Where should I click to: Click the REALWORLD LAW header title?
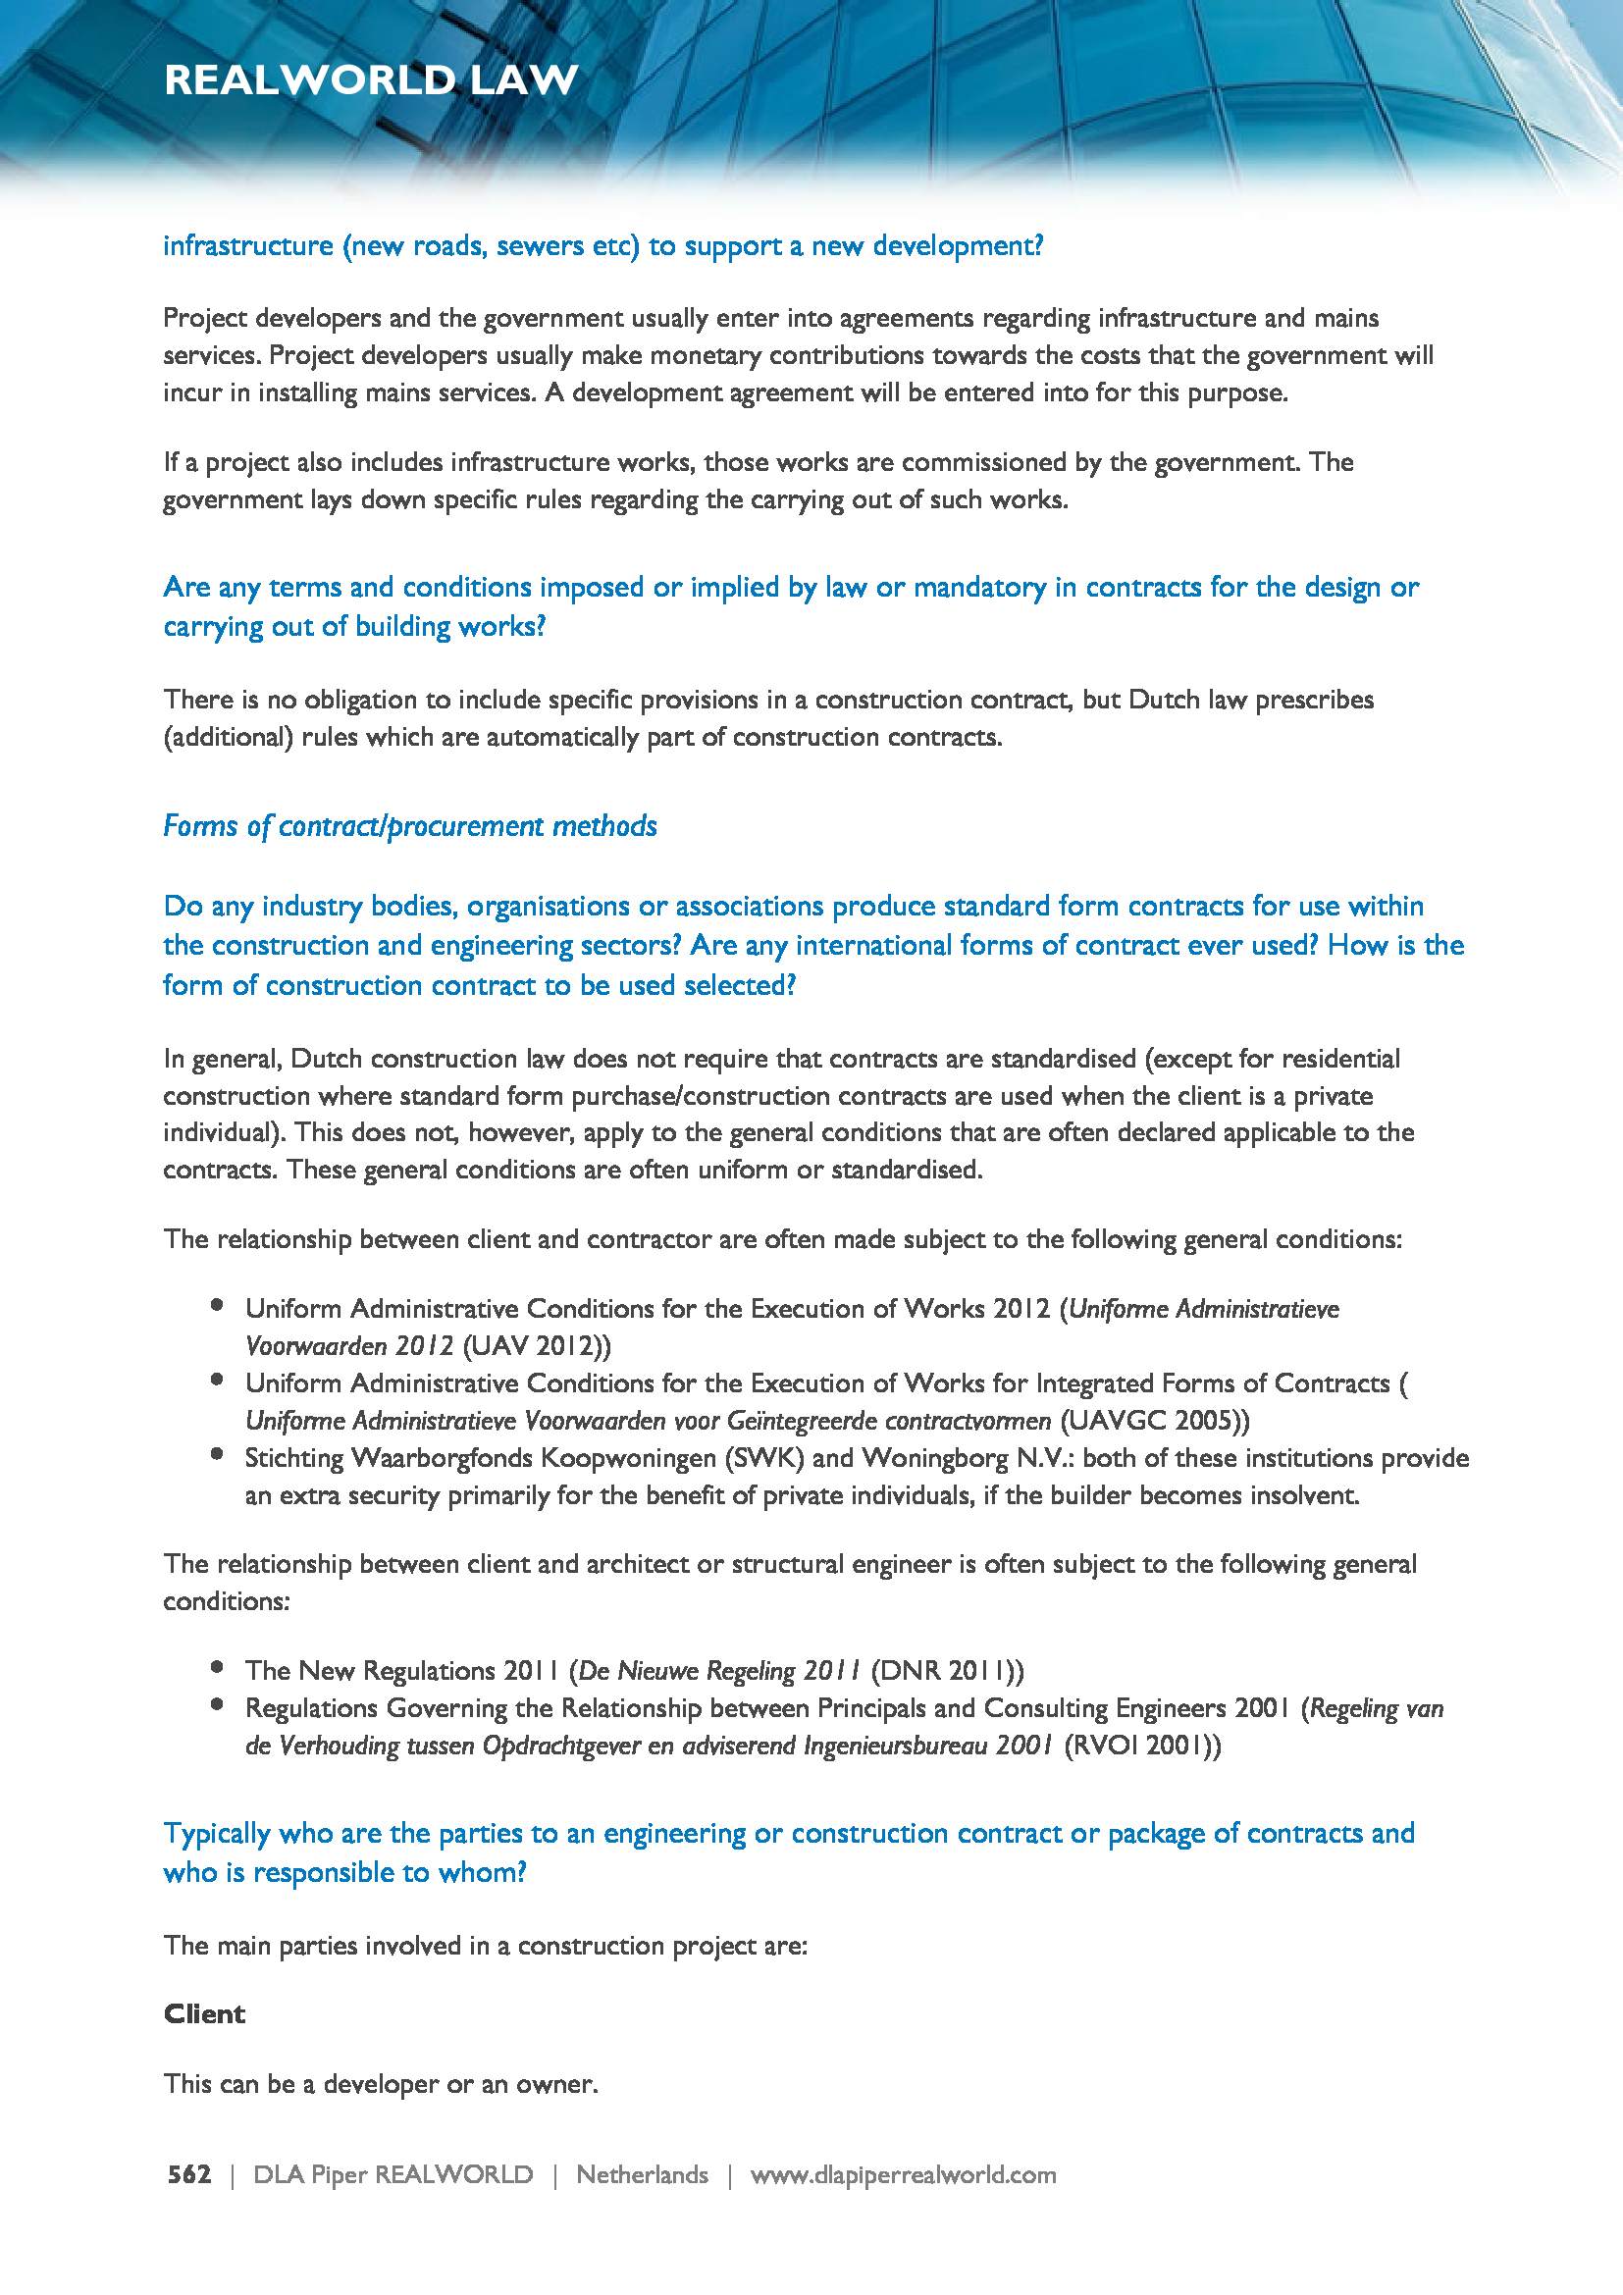pyautogui.click(x=371, y=79)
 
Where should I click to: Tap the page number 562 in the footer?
pyautogui.click(x=188, y=2174)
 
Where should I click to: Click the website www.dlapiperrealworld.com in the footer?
pyautogui.click(x=903, y=2174)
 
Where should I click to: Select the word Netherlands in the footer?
pyautogui.click(x=642, y=2174)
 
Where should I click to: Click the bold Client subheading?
pyautogui.click(x=204, y=2013)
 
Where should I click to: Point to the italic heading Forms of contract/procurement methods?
pyautogui.click(x=410, y=825)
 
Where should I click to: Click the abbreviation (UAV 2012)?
pyautogui.click(x=537, y=1345)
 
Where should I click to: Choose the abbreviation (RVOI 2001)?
pyautogui.click(x=1141, y=1746)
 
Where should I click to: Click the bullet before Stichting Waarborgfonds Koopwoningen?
pyautogui.click(x=217, y=1454)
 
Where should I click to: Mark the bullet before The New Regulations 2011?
pyautogui.click(x=217, y=1666)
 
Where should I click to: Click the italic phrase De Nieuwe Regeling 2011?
pyautogui.click(x=719, y=1670)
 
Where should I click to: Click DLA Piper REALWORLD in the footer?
pyautogui.click(x=393, y=2174)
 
